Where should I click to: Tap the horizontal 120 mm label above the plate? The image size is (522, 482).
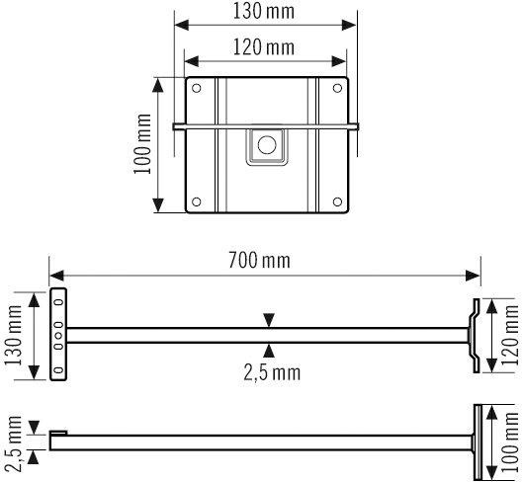tap(264, 46)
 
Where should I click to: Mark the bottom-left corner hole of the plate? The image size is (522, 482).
tap(196, 203)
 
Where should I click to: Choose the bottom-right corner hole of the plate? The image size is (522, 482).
tap(340, 203)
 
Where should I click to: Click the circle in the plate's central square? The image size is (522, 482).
tap(266, 145)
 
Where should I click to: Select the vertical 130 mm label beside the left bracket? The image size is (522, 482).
tap(13, 335)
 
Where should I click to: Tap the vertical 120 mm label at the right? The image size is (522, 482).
tap(510, 336)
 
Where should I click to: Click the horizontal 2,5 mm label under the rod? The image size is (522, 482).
tap(272, 372)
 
